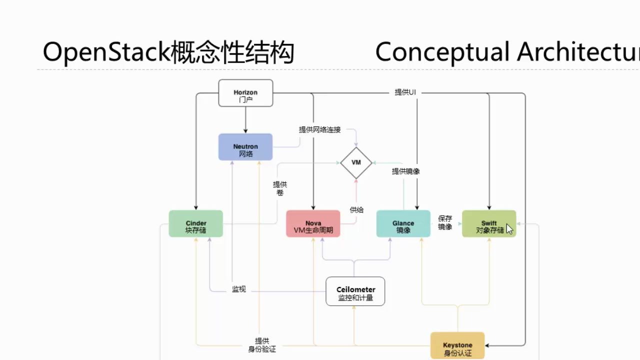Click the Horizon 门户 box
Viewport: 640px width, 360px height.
pyautogui.click(x=245, y=93)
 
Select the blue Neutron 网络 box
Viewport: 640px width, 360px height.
pyautogui.click(x=245, y=147)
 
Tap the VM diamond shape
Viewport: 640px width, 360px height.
pyautogui.click(x=356, y=162)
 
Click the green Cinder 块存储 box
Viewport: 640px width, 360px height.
pyautogui.click(x=195, y=224)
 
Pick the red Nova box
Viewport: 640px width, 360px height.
pyautogui.click(x=313, y=224)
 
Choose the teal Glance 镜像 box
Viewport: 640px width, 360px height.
pyautogui.click(x=403, y=224)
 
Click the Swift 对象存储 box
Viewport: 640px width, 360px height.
pyautogui.click(x=488, y=224)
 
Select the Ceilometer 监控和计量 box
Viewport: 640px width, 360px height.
pyautogui.click(x=355, y=291)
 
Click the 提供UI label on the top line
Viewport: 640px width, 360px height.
pyautogui.click(x=405, y=92)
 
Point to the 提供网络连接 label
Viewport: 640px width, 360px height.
pyautogui.click(x=320, y=129)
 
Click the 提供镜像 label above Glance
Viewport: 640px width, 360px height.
pyautogui.click(x=405, y=171)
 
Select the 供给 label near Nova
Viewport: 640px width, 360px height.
pyautogui.click(x=356, y=210)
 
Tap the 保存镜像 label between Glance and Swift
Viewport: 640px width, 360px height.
pyautogui.click(x=445, y=222)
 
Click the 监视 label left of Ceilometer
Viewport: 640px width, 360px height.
pyautogui.click(x=239, y=289)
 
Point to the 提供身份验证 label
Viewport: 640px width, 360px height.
pyautogui.click(x=262, y=345)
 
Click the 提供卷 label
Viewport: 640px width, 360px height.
pyautogui.click(x=280, y=188)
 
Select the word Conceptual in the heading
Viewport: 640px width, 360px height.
pyautogui.click(x=442, y=52)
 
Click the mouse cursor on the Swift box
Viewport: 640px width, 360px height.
pyautogui.click(x=509, y=229)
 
